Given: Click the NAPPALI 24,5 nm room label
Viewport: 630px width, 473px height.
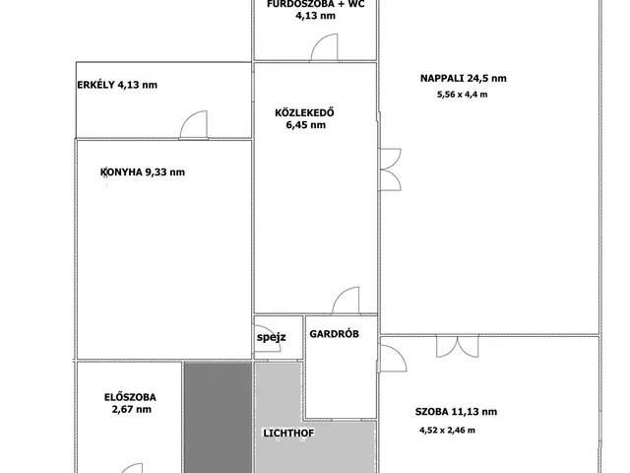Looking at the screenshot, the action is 464,79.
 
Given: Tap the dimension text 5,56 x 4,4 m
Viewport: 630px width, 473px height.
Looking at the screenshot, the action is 462,95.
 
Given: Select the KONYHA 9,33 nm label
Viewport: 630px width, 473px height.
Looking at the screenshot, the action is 143,172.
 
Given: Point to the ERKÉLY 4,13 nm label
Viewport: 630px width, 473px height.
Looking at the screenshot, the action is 117,85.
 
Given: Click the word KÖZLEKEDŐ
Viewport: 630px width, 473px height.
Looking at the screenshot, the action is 304,112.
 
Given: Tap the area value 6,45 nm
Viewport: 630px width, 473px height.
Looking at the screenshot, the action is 306,125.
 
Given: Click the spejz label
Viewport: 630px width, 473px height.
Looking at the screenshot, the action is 272,337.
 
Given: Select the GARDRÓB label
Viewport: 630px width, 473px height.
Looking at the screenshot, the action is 335,334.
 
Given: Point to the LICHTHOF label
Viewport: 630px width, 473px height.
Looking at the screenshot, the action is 288,434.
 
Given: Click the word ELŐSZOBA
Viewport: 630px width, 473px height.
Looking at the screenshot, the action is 130,397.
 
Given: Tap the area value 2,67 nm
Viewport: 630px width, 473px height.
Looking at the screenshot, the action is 132,410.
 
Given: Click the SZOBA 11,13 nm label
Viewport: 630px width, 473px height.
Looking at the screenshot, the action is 456,412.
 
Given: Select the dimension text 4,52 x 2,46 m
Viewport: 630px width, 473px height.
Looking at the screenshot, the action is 447,431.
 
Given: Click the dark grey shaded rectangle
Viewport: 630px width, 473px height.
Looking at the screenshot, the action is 219,418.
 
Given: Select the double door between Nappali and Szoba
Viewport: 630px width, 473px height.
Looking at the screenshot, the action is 458,346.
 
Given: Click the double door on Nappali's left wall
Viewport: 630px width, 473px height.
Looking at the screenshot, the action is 391,169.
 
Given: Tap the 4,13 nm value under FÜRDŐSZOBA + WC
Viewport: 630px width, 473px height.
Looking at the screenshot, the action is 315,16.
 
